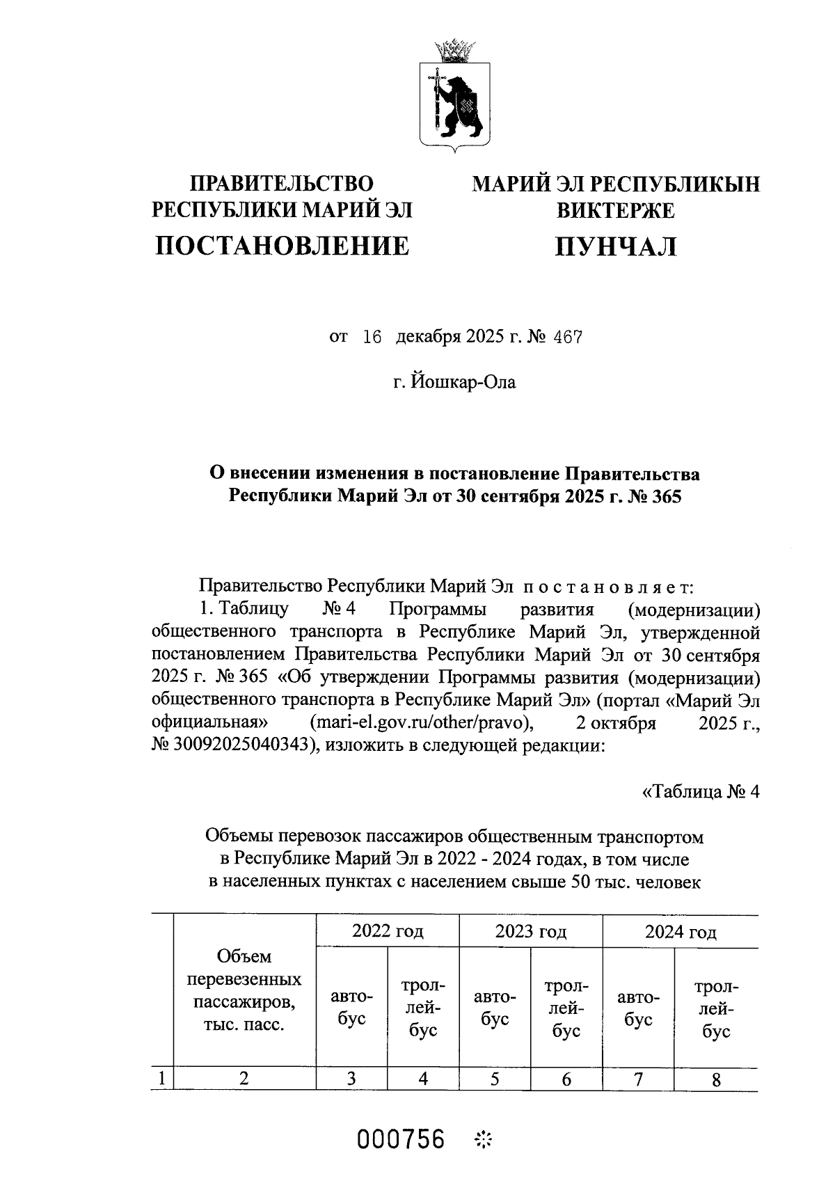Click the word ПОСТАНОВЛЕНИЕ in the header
coord(281,246)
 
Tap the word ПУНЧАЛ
coord(615,246)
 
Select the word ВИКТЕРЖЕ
coord(615,209)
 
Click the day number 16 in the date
coord(373,338)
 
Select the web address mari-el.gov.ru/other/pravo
coord(422,723)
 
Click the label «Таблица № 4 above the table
coord(699,792)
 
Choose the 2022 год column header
coord(388,931)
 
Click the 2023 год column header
coord(530,931)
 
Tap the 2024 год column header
coord(680,932)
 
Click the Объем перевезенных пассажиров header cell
coord(244,990)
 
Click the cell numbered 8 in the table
coord(716,1079)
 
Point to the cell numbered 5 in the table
coord(495,1079)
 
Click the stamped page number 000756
coord(401,1139)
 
